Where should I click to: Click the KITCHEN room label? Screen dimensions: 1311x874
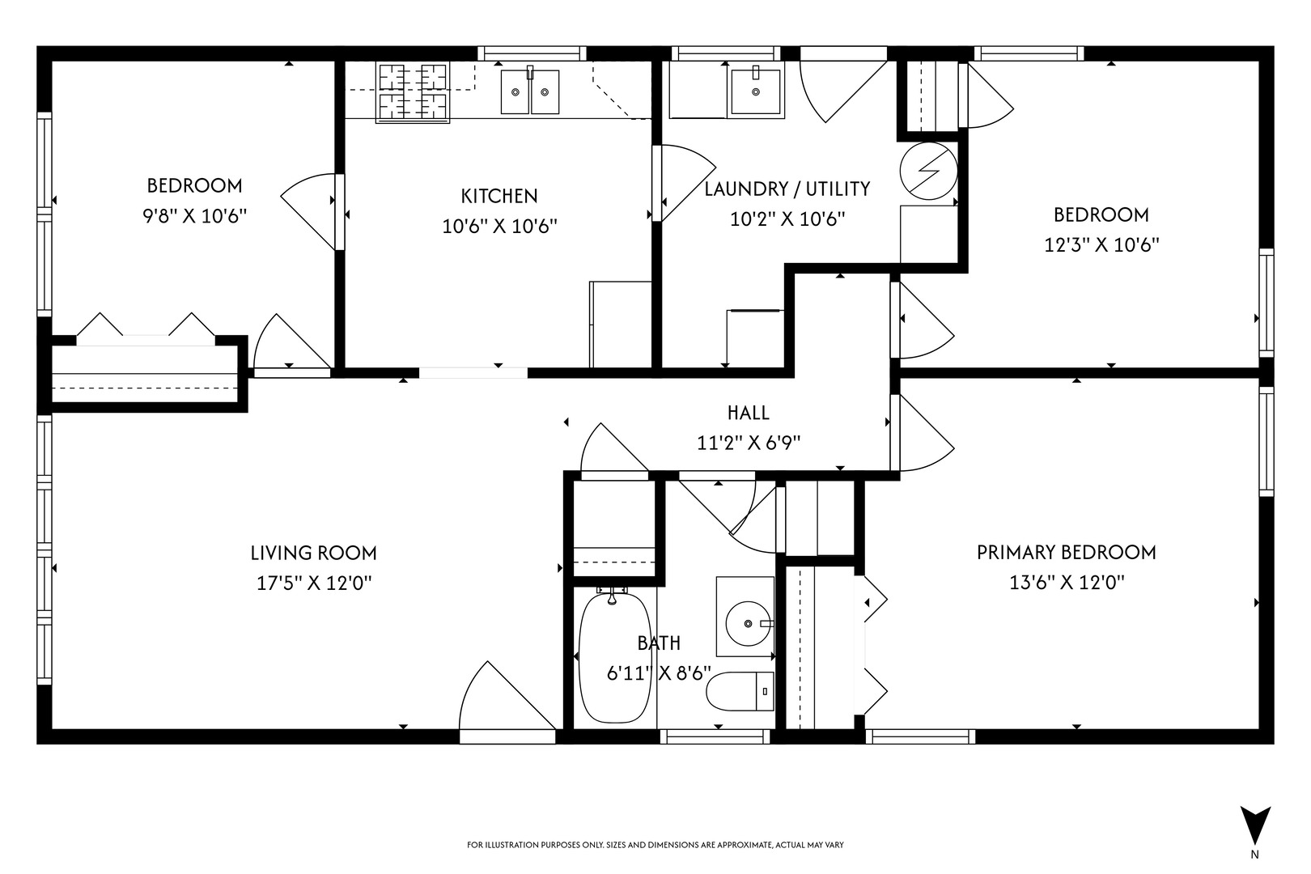tap(499, 196)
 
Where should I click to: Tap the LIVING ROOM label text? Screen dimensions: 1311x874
tap(314, 554)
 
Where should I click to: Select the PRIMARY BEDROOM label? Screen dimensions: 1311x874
tap(1067, 553)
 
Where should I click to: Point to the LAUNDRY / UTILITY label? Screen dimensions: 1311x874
tap(787, 189)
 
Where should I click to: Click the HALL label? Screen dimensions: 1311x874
tap(749, 414)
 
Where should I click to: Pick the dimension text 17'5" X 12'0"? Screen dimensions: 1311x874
tap(314, 583)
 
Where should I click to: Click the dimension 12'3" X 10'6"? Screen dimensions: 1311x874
tap(1101, 244)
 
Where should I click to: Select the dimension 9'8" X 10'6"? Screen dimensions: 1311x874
tap(195, 216)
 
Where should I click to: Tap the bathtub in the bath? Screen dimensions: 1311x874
tap(614, 657)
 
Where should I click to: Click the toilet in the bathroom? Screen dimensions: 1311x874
tap(740, 691)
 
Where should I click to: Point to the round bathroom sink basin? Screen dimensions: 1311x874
tap(748, 623)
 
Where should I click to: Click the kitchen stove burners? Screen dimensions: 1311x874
tap(414, 92)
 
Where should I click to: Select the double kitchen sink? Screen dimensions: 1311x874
tap(530, 92)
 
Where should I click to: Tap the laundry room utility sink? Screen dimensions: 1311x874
tap(756, 91)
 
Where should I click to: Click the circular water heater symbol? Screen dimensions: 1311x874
tap(928, 171)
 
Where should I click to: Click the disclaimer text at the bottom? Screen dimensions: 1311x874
tap(655, 845)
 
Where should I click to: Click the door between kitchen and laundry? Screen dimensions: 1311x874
tap(684, 183)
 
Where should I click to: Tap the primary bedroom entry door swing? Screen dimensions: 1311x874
tap(923, 433)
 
